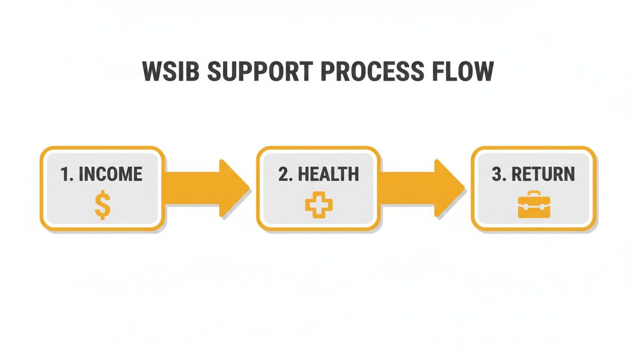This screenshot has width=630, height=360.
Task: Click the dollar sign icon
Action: pos(103,207)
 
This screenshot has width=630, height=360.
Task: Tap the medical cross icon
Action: pos(319,206)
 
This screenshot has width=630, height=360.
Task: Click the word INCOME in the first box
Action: pos(110,174)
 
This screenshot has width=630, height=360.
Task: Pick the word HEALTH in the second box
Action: pos(328,174)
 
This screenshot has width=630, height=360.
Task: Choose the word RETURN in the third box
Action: pos(543,174)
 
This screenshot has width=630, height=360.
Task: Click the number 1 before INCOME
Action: pos(66,174)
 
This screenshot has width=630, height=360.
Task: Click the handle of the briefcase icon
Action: pos(534,195)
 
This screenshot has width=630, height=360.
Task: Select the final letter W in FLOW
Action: pos(482,72)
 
